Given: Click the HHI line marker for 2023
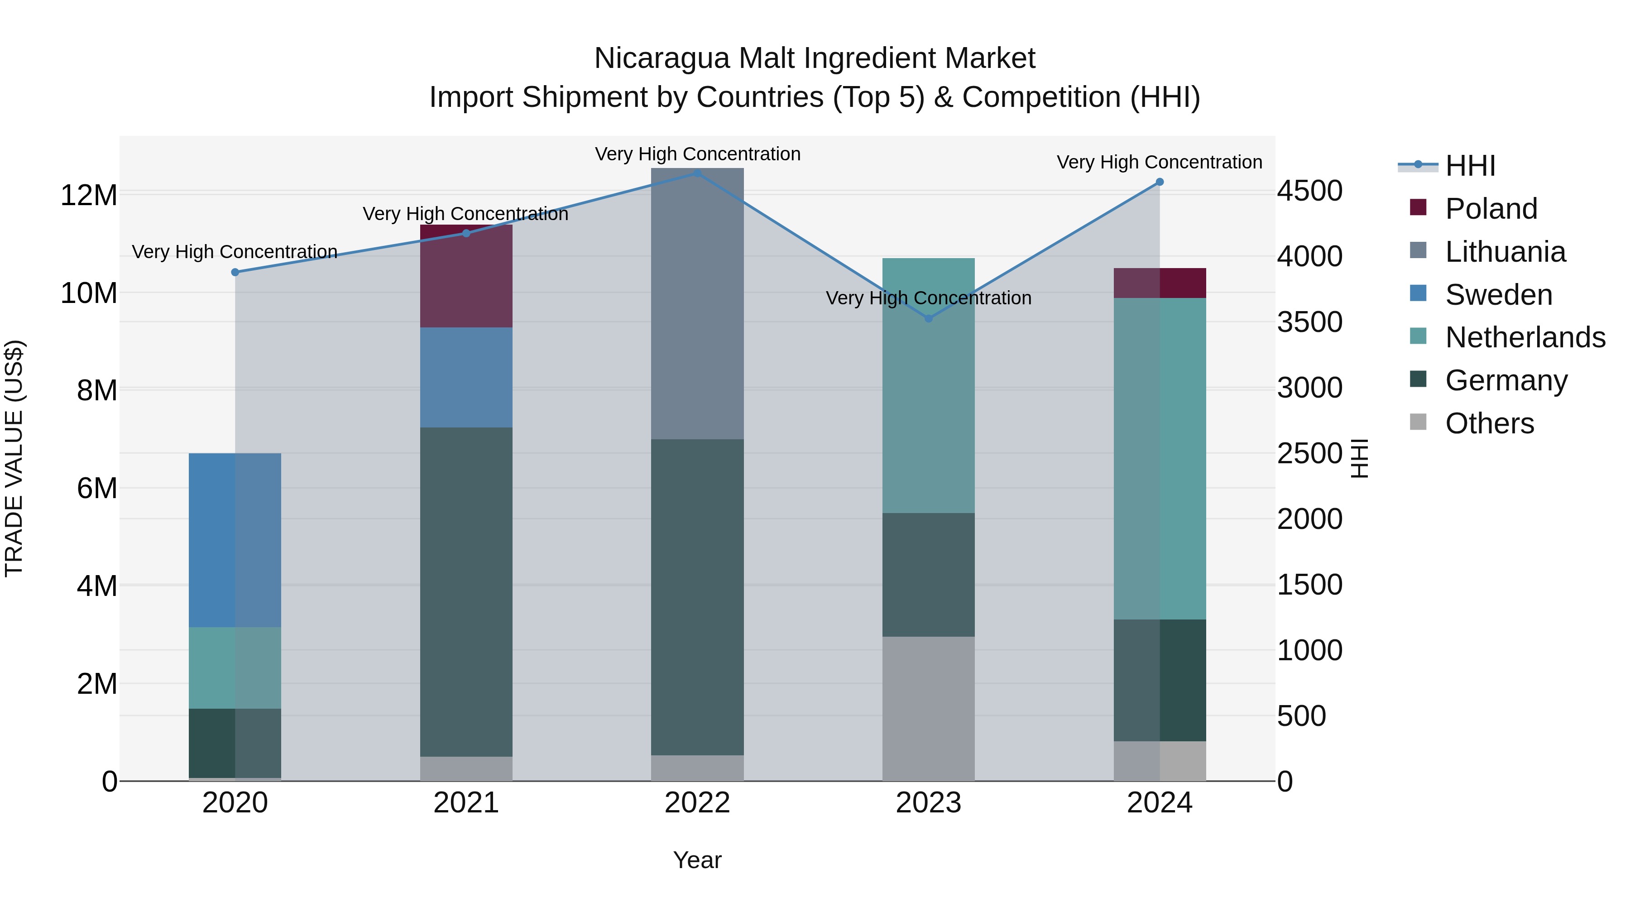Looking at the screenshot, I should pyautogui.click(x=928, y=318).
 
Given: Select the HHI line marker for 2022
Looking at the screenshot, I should pyautogui.click(x=697, y=173).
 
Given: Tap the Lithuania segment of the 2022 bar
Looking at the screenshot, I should pyautogui.click(x=697, y=304).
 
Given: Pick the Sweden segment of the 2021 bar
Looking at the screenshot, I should pyautogui.click(x=466, y=377).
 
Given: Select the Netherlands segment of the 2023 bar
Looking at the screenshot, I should pyautogui.click(x=928, y=385).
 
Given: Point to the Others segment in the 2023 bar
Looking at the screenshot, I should pyautogui.click(x=928, y=709).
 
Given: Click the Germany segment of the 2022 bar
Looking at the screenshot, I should pyautogui.click(x=697, y=597).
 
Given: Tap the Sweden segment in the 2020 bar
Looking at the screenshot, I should pyautogui.click(x=235, y=540).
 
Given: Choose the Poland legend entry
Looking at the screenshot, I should pyautogui.click(x=1491, y=209).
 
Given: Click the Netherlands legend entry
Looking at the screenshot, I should pyautogui.click(x=1525, y=337).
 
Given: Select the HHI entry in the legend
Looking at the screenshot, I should pyautogui.click(x=1470, y=166).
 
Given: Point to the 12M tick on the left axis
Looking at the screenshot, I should pyautogui.click(x=89, y=195).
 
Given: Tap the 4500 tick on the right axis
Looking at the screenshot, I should pyautogui.click(x=1309, y=191).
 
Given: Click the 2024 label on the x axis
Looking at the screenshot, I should pyautogui.click(x=1159, y=803).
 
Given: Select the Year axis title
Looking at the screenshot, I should pyautogui.click(x=697, y=860).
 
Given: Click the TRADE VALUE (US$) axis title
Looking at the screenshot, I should pyautogui.click(x=14, y=458).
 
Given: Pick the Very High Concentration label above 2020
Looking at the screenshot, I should pyautogui.click(x=235, y=252).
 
